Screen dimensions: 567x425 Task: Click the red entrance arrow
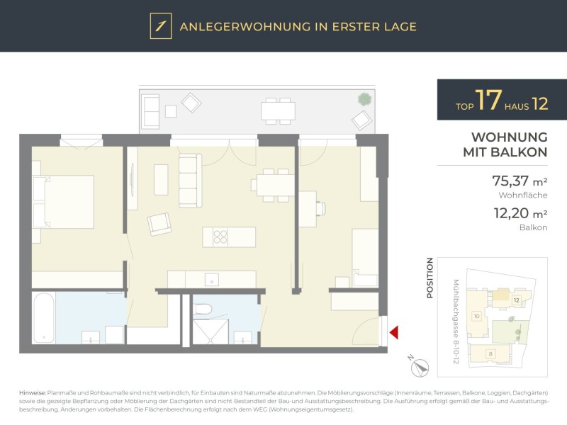(394, 332)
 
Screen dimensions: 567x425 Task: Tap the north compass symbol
(420, 368)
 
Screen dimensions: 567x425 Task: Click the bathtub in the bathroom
(44, 318)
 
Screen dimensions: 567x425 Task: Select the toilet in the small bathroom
(203, 310)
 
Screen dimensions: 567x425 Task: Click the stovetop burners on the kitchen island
(220, 237)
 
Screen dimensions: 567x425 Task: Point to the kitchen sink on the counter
(212, 279)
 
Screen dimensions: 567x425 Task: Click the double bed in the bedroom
(64, 202)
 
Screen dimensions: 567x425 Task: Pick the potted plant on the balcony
(364, 98)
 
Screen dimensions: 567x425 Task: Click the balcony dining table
(278, 111)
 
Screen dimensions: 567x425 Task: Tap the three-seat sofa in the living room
(190, 181)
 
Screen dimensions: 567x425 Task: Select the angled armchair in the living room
(159, 224)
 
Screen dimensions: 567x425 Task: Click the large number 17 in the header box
(488, 100)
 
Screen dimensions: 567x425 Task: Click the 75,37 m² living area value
(520, 181)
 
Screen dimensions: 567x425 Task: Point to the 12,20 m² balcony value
(521, 213)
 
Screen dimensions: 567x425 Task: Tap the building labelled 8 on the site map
(489, 353)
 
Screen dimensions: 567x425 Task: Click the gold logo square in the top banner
(161, 26)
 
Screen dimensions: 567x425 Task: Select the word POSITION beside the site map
(430, 278)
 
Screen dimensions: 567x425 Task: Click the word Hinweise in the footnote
(33, 393)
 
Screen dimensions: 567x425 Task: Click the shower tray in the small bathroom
(210, 331)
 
